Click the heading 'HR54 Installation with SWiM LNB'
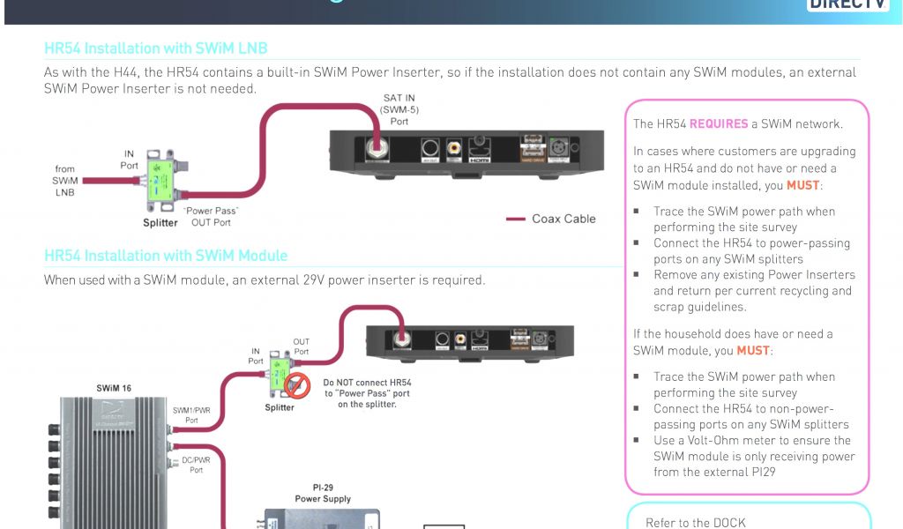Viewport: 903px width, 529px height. tap(155, 48)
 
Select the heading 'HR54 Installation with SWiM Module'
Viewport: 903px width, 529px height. tap(166, 256)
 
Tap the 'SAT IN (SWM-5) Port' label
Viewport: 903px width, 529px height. tap(399, 109)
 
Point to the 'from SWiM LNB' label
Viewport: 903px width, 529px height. tap(65, 180)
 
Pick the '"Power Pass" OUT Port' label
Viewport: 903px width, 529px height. tap(209, 217)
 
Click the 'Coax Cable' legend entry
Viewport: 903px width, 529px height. tap(563, 219)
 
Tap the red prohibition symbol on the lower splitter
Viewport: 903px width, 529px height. tap(297, 384)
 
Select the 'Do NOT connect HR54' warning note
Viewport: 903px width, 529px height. tap(367, 393)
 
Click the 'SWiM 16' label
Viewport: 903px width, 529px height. tap(116, 388)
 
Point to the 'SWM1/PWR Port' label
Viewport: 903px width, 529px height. tap(191, 415)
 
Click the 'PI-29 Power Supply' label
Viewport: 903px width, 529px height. tap(323, 492)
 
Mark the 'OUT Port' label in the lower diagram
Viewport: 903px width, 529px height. tap(302, 346)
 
